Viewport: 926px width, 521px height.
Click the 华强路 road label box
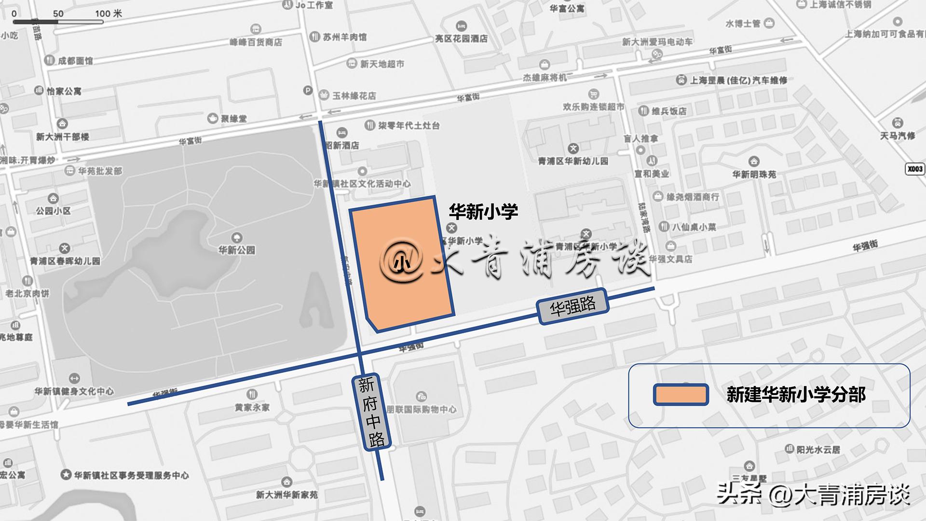tap(572, 306)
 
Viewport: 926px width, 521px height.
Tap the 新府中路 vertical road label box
tap(370, 412)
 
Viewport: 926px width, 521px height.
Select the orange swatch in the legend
tap(681, 395)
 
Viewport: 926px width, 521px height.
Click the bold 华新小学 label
tap(483, 211)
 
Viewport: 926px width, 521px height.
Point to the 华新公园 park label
tap(236, 249)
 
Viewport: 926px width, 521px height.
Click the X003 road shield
tap(915, 169)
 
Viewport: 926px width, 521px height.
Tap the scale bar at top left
tap(58, 21)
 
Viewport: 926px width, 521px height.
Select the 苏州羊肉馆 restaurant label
tap(344, 37)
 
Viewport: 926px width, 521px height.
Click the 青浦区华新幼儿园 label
tap(573, 161)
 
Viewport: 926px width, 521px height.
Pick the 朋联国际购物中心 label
tap(421, 409)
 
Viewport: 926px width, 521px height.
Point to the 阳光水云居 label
tap(818, 450)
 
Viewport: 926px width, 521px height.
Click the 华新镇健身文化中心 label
tap(74, 391)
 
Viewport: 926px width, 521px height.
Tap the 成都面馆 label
tap(75, 61)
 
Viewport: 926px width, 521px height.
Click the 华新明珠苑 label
tap(754, 174)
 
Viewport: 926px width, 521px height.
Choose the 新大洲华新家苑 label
tap(286, 494)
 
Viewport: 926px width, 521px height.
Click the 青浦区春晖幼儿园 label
tap(65, 261)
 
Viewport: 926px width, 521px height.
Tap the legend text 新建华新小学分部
tap(796, 395)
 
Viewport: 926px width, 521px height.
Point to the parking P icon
tap(307, 90)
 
